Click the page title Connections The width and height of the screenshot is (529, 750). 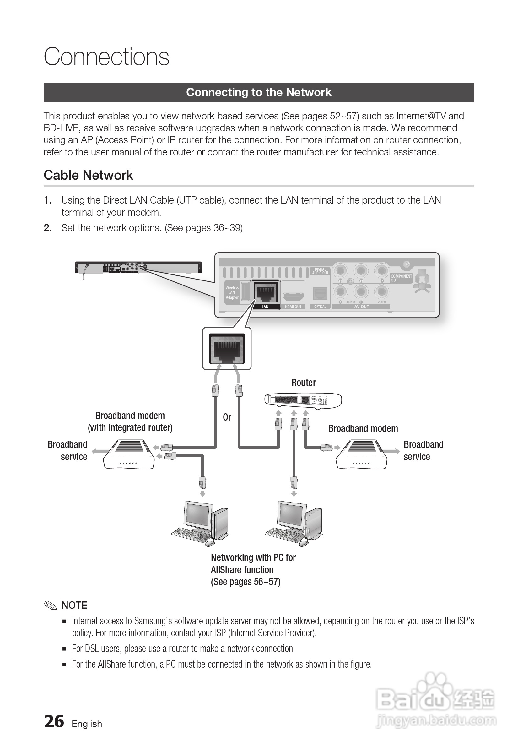pyautogui.click(x=106, y=57)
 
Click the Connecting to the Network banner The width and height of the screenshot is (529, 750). pyautogui.click(x=259, y=92)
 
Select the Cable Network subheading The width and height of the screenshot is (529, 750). pyautogui.click(x=89, y=176)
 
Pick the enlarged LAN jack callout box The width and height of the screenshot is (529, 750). pyautogui.click(x=227, y=349)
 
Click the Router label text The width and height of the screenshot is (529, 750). pyautogui.click(x=303, y=383)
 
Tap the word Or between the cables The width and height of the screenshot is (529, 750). pyautogui.click(x=227, y=417)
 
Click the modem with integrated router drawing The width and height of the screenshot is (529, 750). pyautogui.click(x=129, y=454)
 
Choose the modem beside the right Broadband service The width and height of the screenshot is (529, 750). pyautogui.click(x=361, y=454)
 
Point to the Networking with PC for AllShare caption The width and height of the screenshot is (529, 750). pyautogui.click(x=253, y=569)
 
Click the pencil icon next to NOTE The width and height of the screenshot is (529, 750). pyautogui.click(x=51, y=605)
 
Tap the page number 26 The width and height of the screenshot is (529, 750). pyautogui.click(x=54, y=721)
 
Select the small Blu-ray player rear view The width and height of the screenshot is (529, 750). pyautogui.click(x=138, y=268)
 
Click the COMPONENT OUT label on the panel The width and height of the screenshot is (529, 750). pyautogui.click(x=401, y=278)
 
